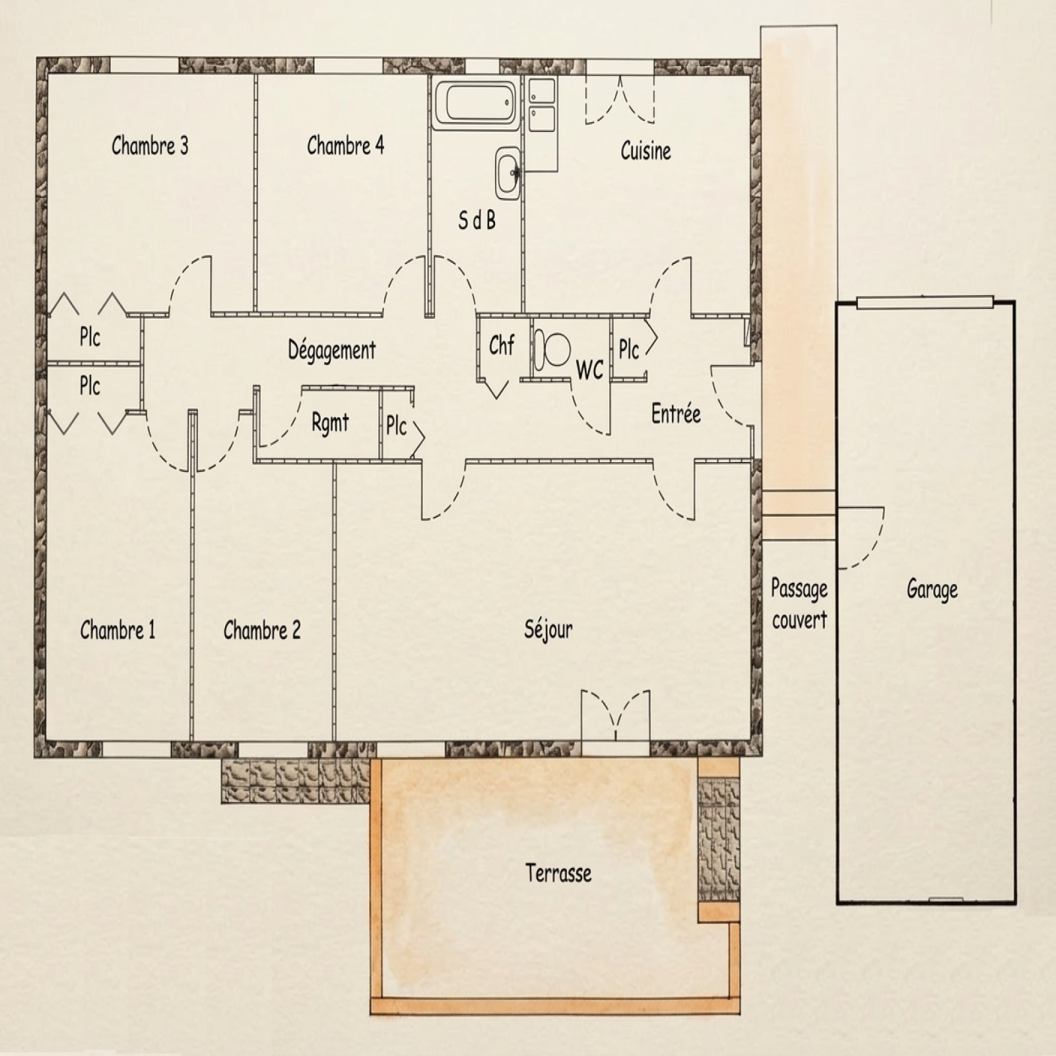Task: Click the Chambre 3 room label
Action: tap(150, 145)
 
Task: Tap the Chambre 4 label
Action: tap(345, 145)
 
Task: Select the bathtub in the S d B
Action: tap(475, 104)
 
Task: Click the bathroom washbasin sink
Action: tap(509, 173)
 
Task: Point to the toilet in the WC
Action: tap(552, 348)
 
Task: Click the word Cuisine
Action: tap(645, 151)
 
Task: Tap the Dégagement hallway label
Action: tap(332, 350)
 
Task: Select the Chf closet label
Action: tap(502, 345)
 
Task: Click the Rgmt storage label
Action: tap(330, 423)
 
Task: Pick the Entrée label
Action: tap(676, 414)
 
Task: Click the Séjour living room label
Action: tap(548, 630)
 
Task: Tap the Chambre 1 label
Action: tap(117, 630)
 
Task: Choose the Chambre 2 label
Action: tap(262, 630)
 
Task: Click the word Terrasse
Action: tap(558, 873)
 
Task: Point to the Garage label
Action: tap(932, 589)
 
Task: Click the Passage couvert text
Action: tap(799, 604)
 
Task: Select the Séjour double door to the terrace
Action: tap(615, 715)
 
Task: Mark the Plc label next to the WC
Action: tap(628, 349)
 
